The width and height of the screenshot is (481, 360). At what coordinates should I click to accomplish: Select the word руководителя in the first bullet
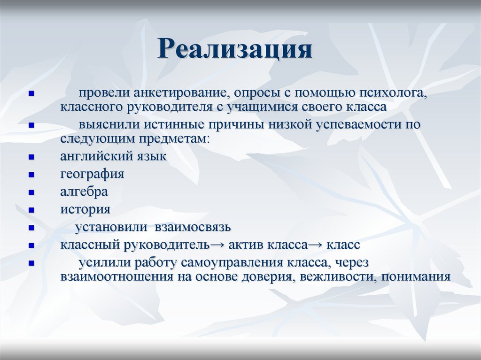click(x=168, y=107)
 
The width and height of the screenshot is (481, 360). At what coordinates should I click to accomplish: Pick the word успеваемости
click(x=358, y=125)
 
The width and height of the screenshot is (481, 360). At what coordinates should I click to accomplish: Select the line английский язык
click(x=113, y=156)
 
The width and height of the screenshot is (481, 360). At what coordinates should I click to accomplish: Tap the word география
click(x=92, y=174)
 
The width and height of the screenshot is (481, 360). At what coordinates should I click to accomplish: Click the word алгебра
click(x=84, y=191)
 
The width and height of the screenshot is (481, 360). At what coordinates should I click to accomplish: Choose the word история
click(x=85, y=209)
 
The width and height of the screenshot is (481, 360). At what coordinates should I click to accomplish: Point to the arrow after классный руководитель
click(x=217, y=245)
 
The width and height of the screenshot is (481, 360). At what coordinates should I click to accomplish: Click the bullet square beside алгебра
click(x=31, y=192)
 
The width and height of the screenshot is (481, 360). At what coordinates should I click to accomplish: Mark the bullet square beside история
click(x=31, y=210)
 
